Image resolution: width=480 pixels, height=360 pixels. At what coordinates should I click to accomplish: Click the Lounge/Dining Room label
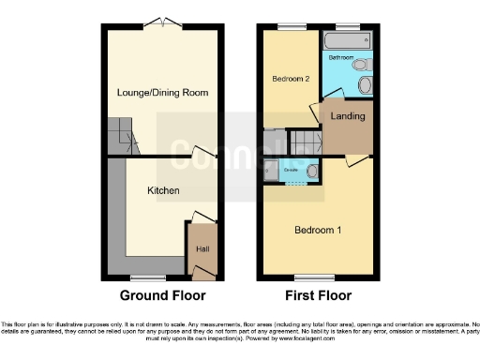(161, 93)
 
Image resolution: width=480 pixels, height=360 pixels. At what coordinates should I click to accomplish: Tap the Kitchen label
(163, 190)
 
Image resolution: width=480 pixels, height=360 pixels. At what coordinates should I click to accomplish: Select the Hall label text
(202, 249)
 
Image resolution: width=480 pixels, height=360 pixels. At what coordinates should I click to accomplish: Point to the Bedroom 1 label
(318, 231)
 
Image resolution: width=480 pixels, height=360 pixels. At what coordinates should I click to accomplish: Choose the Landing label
(348, 116)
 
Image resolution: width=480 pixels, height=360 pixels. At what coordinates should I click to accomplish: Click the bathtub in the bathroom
(347, 42)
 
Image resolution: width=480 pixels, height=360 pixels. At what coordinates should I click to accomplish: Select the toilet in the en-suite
(310, 172)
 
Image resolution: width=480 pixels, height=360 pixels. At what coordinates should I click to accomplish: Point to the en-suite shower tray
(270, 172)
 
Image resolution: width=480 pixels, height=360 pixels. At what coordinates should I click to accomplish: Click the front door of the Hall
(202, 273)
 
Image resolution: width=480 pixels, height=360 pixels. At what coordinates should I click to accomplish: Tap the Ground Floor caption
(163, 295)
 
